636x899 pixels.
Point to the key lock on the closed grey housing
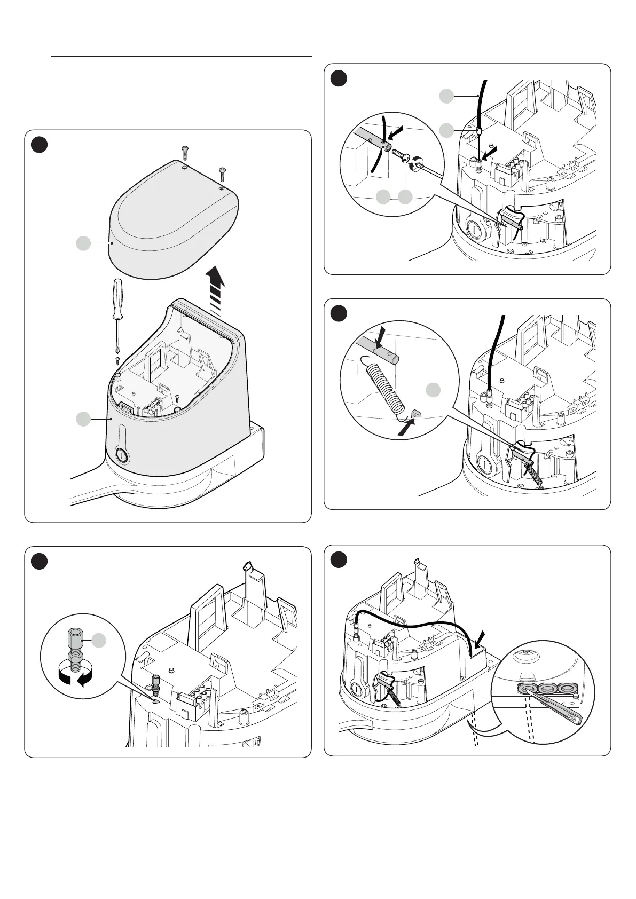pyautogui.click(x=121, y=455)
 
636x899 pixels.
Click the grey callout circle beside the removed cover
pyautogui.click(x=82, y=243)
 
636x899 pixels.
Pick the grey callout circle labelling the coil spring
pyautogui.click(x=433, y=390)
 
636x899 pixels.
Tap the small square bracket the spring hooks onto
pyautogui.click(x=417, y=414)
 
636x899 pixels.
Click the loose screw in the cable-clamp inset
pyautogui.click(x=401, y=155)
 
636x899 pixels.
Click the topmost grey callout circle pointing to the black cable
pyautogui.click(x=447, y=96)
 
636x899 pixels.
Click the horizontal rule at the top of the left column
pyautogui.click(x=182, y=56)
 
